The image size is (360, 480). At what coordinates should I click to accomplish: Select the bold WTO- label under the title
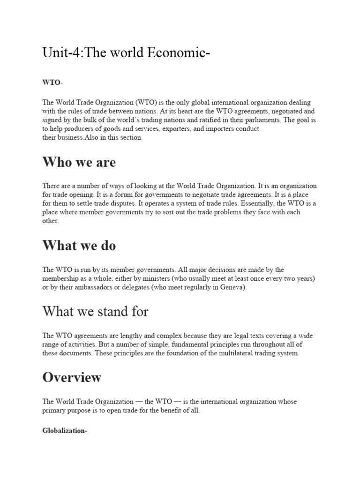point(52,82)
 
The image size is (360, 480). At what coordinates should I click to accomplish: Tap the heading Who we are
point(79,162)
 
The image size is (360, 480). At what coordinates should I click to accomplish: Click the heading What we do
point(79,245)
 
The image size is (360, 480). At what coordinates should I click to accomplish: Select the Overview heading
point(72,377)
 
